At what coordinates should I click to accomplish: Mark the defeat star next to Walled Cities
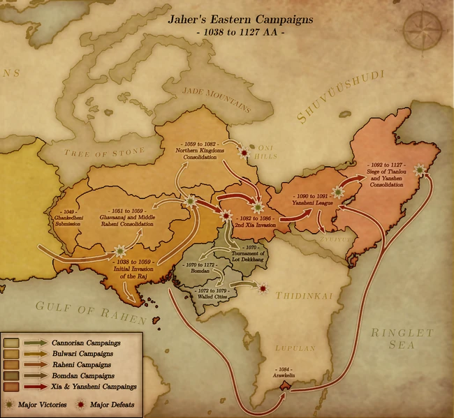click(263, 287)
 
